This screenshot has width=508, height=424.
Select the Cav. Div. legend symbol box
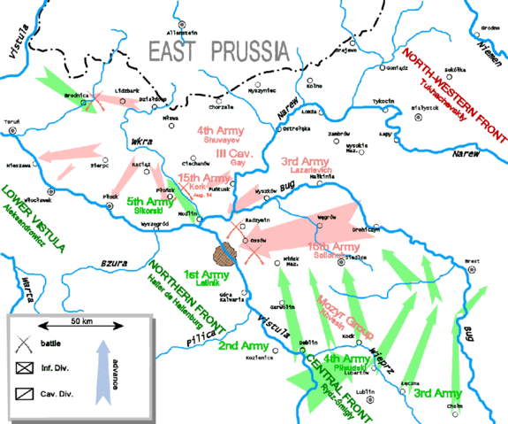point(23,392)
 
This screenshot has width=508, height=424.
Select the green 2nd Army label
point(236,344)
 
